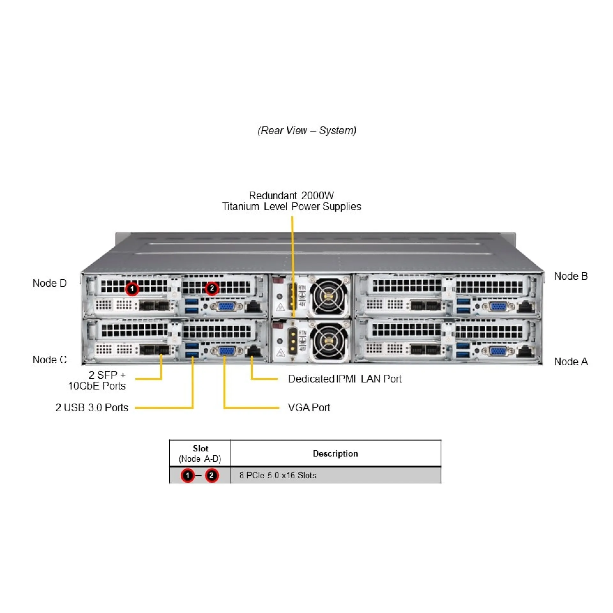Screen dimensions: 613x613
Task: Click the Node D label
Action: point(49,283)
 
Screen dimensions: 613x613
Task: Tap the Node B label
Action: point(571,276)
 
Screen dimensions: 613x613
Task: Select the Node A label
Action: point(571,362)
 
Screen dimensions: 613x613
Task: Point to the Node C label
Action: point(49,360)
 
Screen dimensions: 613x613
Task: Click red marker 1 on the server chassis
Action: point(132,289)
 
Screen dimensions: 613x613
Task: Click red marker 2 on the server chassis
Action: point(212,288)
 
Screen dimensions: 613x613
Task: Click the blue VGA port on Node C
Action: point(226,351)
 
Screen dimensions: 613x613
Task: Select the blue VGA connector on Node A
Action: point(498,352)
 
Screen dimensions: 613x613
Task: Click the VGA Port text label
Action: point(309,408)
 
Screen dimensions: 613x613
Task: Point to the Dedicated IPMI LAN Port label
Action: point(344,379)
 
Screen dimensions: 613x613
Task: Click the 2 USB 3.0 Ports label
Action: point(92,408)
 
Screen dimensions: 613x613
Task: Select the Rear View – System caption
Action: point(307,131)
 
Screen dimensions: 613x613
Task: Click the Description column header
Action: point(335,454)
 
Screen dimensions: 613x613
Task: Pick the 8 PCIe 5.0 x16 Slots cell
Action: point(278,475)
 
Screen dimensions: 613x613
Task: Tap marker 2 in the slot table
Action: point(211,475)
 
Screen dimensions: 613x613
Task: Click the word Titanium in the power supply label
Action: point(240,207)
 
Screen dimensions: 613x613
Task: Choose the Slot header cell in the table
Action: point(200,453)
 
